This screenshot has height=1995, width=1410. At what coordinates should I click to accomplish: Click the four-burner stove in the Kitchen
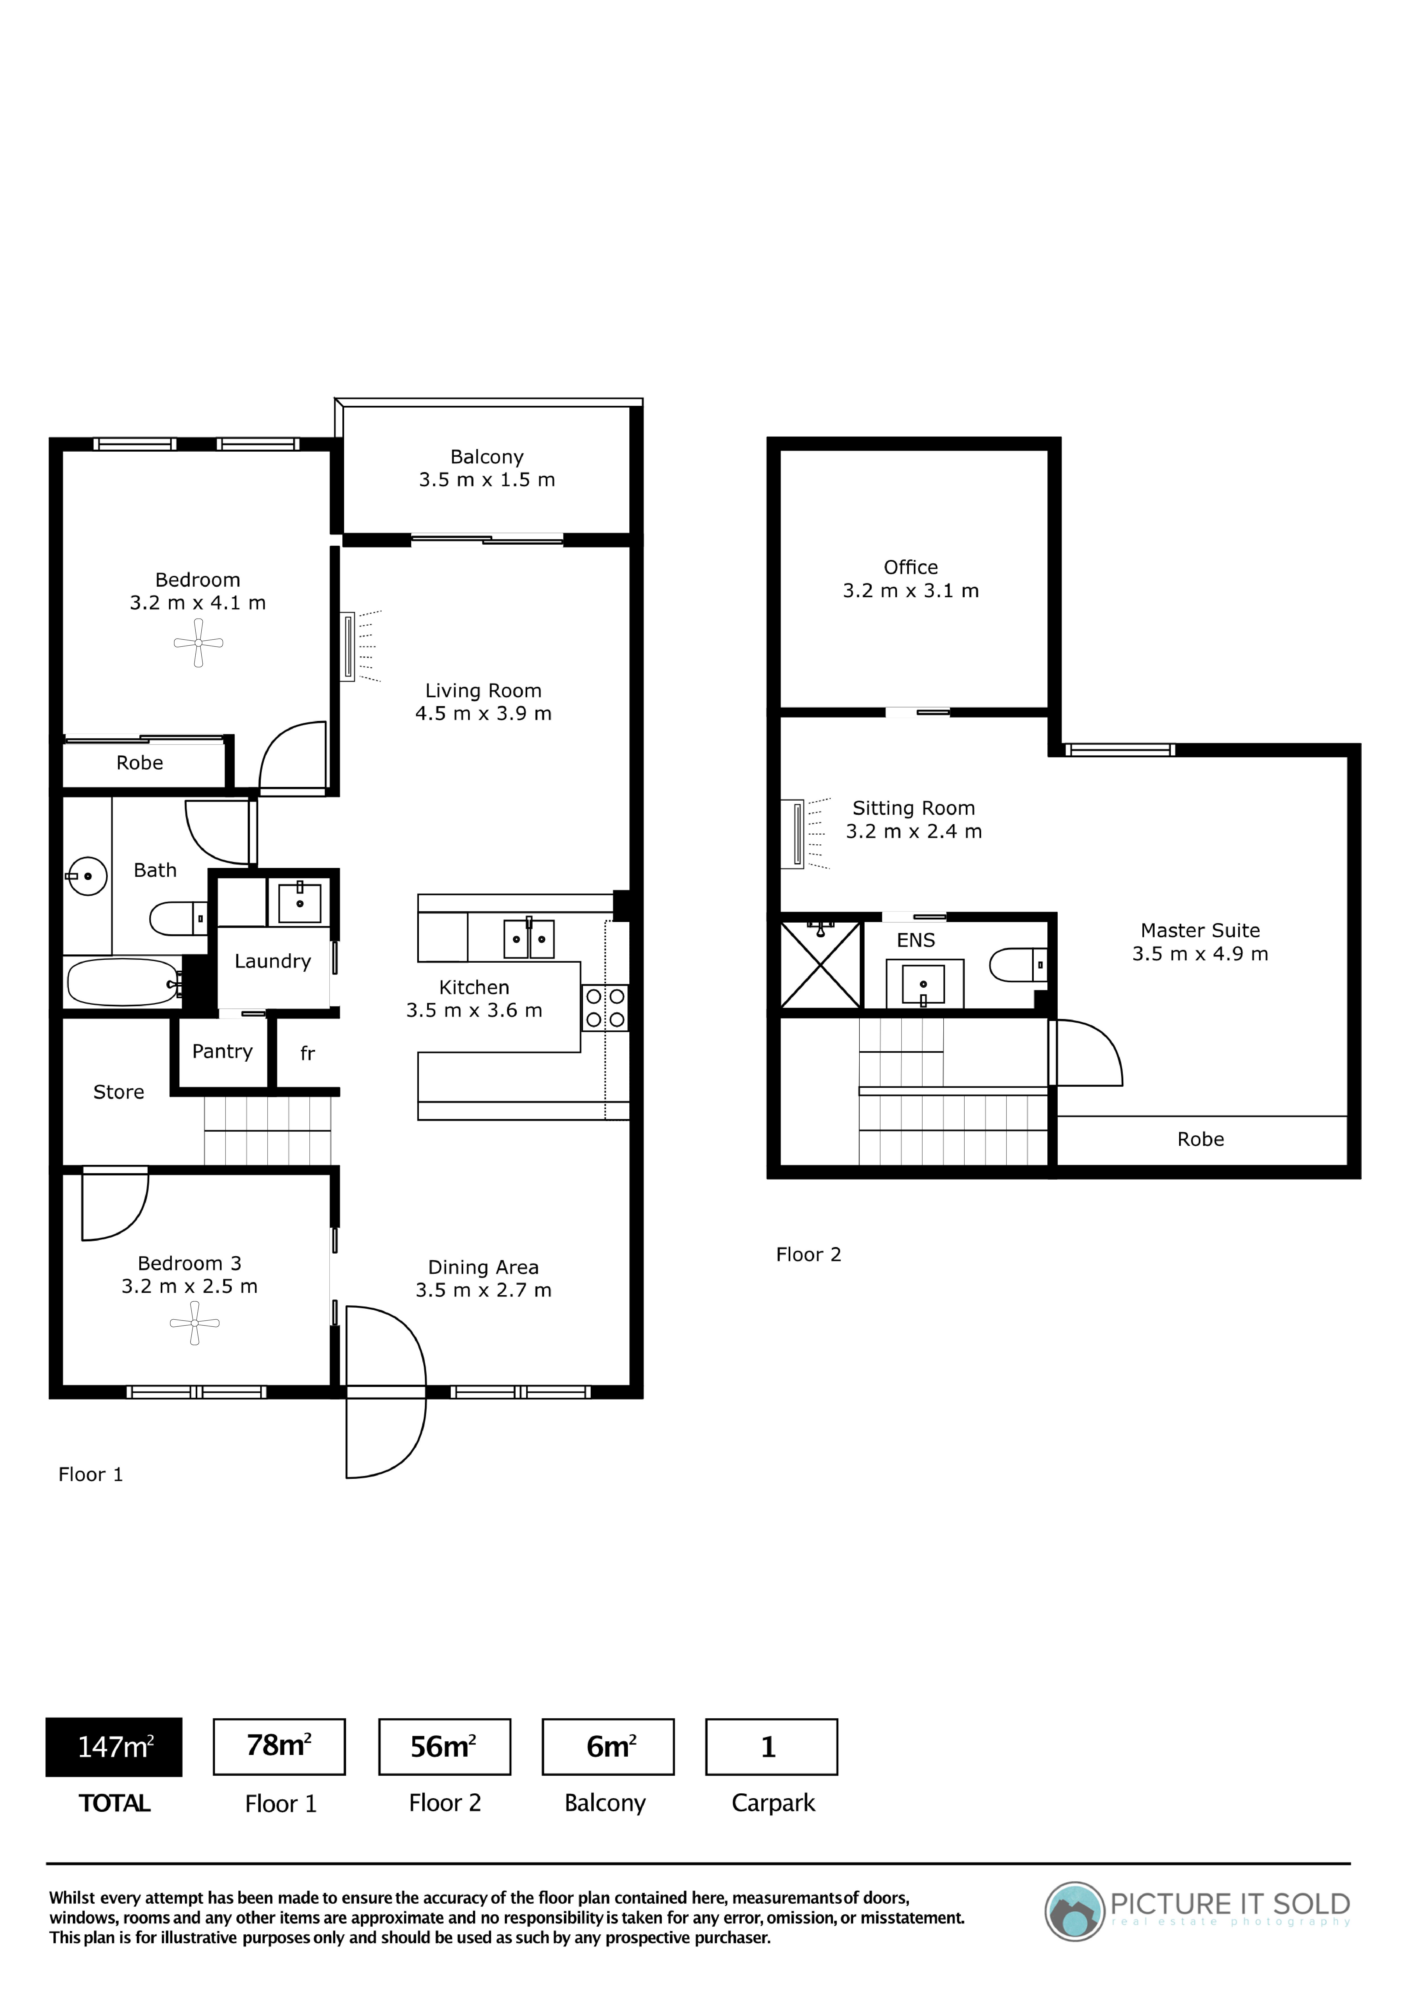click(x=605, y=1008)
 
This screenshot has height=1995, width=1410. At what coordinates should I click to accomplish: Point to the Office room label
click(x=910, y=579)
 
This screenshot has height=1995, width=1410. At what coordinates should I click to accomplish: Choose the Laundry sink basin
click(x=299, y=902)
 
